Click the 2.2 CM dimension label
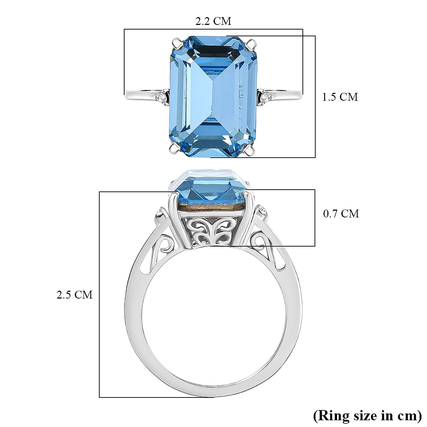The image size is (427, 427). tap(213, 21)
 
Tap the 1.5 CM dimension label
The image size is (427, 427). tap(340, 97)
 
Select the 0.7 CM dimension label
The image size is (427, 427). tap(341, 213)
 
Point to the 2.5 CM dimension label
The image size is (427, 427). tap(74, 295)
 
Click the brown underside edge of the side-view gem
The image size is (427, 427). tap(213, 207)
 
